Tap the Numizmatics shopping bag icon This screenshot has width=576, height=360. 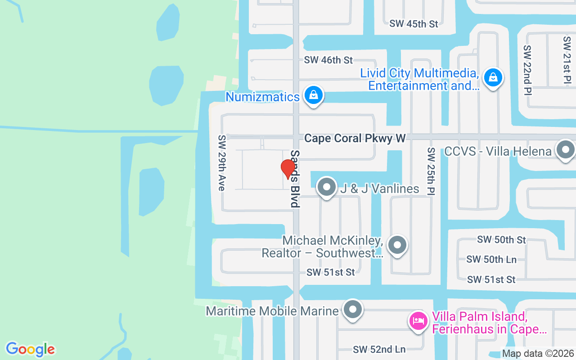coord(313,95)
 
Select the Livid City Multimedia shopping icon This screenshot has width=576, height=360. coord(493,78)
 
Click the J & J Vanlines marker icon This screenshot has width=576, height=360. coord(327,187)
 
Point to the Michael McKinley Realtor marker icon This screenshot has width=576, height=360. coord(397,245)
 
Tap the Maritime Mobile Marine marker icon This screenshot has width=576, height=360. coord(353,310)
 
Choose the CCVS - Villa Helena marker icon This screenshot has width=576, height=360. coord(566,150)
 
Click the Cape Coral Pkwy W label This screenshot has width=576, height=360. coord(355,138)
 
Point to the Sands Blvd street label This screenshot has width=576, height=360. coord(295,179)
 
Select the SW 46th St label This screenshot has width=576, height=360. coord(328,60)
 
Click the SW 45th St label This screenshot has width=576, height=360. coord(414,24)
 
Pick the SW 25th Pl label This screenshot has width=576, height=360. coord(431,171)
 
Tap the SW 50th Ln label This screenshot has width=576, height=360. coord(491,259)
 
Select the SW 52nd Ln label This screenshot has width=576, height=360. coord(379,349)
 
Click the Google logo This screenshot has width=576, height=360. coord(30,349)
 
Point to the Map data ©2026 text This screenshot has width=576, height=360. coord(538,354)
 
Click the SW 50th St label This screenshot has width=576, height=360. coord(501,239)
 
